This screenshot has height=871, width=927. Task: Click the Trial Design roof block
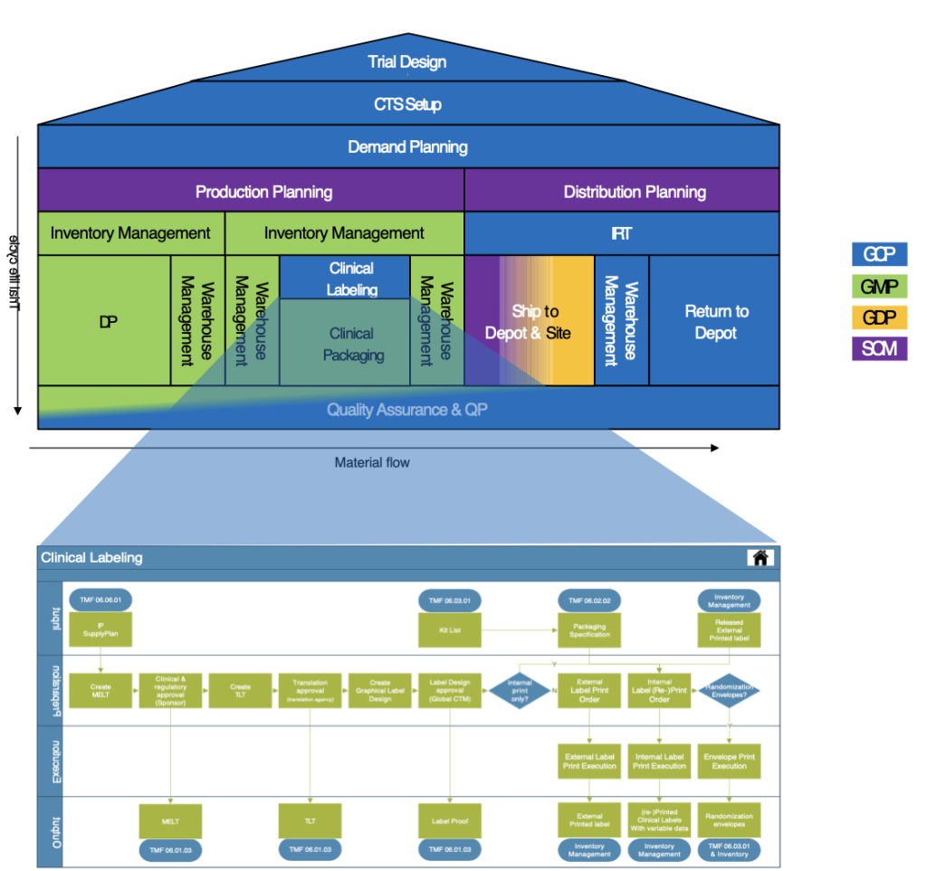pos(407,62)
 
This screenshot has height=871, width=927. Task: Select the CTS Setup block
pos(407,104)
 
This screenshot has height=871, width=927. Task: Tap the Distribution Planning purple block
pos(621,192)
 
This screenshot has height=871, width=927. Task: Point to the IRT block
pos(621,233)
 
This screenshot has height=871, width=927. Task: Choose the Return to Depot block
pos(715,321)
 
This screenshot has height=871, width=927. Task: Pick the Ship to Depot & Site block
pos(529,321)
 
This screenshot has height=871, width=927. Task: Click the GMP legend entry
pos(879,287)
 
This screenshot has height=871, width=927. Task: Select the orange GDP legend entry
pos(879,317)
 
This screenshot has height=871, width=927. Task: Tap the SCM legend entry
pos(879,348)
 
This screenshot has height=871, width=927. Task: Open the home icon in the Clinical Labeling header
pos(760,557)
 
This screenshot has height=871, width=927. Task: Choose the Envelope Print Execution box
pos(729,761)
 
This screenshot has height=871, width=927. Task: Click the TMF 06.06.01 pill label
pos(100,600)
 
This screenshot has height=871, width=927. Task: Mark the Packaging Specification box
pos(589,630)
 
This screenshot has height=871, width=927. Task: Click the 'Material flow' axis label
pos(372,463)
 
